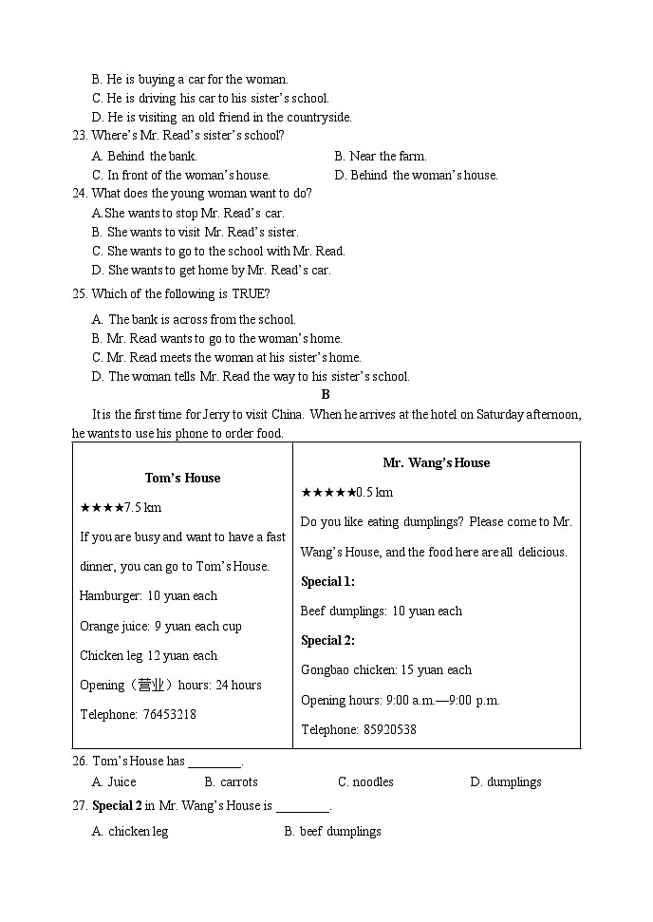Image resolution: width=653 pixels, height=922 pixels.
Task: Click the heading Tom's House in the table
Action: [x=182, y=478]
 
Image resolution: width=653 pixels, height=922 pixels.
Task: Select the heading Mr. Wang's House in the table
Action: [x=436, y=462]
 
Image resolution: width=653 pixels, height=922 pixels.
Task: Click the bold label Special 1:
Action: [x=327, y=581]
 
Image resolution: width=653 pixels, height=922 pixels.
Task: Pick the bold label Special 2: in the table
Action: [x=327, y=640]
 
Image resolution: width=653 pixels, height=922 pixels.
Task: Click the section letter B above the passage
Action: [x=326, y=394]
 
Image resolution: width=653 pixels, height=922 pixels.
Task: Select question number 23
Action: [x=80, y=136]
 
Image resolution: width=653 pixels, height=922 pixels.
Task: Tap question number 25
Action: [x=80, y=293]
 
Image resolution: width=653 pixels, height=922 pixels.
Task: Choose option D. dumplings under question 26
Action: [x=505, y=781]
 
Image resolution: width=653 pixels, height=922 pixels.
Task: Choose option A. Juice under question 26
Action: [x=114, y=781]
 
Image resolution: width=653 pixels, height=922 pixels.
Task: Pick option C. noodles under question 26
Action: [x=365, y=781]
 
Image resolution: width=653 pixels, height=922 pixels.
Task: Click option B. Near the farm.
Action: [x=380, y=156]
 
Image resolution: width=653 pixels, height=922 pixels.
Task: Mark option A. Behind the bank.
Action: [x=144, y=156]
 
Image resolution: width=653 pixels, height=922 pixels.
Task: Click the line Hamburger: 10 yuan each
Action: [x=148, y=595]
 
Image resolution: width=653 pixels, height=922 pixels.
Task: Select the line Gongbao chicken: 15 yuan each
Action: [x=385, y=669]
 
